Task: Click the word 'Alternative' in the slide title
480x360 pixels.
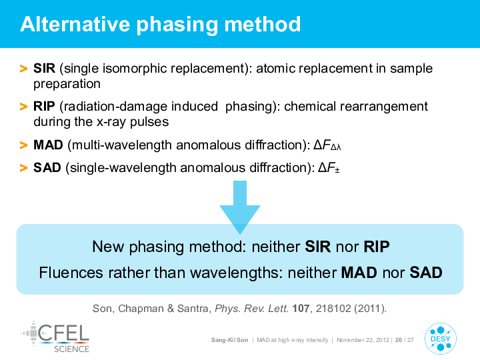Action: pos(75,24)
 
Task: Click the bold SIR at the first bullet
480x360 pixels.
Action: pos(45,68)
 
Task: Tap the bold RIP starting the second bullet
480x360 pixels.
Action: pos(44,106)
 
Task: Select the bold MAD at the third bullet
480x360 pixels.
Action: pos(48,145)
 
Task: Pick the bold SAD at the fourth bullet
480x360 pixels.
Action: pos(47,167)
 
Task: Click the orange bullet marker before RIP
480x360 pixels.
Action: pos(23,107)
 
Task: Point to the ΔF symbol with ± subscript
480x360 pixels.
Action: pos(329,168)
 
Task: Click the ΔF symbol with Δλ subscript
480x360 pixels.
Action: pos(327,145)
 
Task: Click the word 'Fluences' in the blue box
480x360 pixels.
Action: pos(71,273)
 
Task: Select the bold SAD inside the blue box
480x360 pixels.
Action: pos(426,273)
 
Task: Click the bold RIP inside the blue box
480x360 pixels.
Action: pos(377,247)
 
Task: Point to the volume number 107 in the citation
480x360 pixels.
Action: pos(301,308)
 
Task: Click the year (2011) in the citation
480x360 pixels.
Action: pos(370,308)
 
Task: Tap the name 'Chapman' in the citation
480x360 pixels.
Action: pos(141,309)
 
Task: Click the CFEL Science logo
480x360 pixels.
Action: pos(55,337)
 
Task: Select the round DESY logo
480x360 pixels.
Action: pos(440,339)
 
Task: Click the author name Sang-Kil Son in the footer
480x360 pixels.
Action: pos(229,340)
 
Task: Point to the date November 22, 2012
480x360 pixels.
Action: pos(363,340)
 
